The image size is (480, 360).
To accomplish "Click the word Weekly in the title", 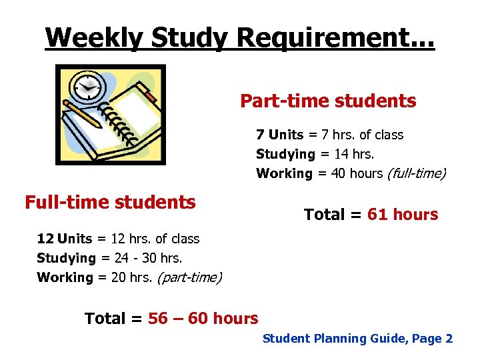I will click(x=94, y=37).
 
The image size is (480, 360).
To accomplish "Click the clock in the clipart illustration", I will click(x=86, y=87).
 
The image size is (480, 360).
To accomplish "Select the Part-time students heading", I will click(x=328, y=101).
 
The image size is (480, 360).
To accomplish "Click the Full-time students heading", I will click(x=110, y=202).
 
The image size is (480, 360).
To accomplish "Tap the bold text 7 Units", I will click(x=279, y=135).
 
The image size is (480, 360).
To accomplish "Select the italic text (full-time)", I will click(x=416, y=173).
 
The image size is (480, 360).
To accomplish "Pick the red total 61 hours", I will click(x=403, y=215).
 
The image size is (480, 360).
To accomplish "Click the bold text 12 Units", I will click(x=64, y=239).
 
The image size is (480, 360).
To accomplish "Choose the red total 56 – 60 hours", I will click(x=203, y=319).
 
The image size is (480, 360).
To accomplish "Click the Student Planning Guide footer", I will click(x=357, y=339).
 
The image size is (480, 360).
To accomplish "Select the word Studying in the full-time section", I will click(x=66, y=258).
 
